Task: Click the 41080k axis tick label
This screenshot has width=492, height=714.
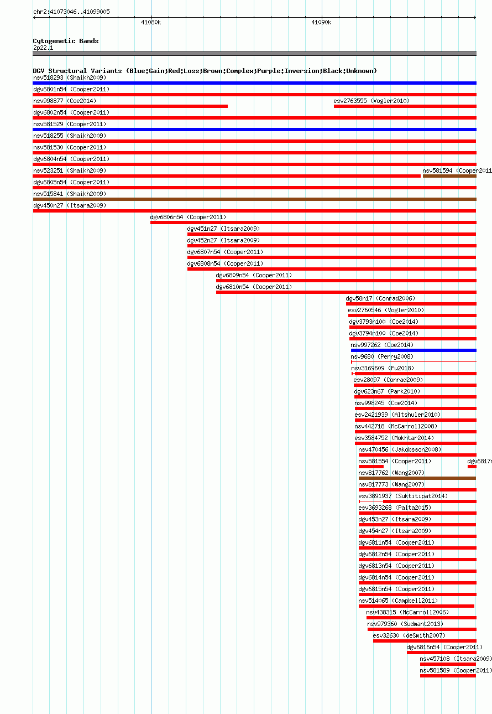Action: (x=151, y=22)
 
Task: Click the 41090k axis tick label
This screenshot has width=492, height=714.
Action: (x=321, y=22)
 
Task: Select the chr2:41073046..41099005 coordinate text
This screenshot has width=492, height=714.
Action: (x=71, y=12)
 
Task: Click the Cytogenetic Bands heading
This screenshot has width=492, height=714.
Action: (x=66, y=41)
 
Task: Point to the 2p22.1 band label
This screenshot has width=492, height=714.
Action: (x=43, y=48)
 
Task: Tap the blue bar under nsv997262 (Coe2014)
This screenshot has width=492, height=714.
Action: (x=414, y=350)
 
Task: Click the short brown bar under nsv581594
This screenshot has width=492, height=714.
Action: (x=449, y=176)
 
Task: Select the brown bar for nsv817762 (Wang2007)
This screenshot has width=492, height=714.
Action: (x=417, y=478)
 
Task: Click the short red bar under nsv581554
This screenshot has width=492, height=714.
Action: (x=371, y=467)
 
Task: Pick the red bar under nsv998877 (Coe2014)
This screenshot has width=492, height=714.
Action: (x=130, y=106)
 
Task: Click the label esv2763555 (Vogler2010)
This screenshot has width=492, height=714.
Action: (x=371, y=101)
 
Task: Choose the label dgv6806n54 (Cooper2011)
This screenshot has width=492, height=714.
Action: (x=188, y=217)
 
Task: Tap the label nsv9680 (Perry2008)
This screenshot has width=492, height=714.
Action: (x=382, y=356)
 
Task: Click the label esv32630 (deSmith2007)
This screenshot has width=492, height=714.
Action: (x=409, y=635)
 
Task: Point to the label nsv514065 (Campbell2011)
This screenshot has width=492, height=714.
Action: (x=398, y=601)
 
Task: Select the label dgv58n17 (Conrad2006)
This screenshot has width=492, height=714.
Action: (x=380, y=299)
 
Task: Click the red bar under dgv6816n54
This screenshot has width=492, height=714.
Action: (x=442, y=653)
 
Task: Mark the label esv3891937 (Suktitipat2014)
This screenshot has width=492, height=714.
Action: (x=403, y=496)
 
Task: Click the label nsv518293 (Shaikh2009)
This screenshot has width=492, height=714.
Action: (x=70, y=78)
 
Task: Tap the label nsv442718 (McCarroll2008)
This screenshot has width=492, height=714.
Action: (x=396, y=427)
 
